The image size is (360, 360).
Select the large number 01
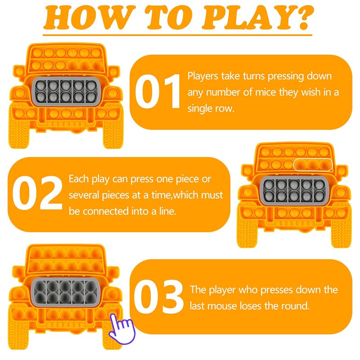[x=157, y=91]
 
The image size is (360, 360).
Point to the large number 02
[x=37, y=193]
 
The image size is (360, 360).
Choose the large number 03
[x=158, y=297]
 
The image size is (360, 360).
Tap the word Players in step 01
[x=202, y=76]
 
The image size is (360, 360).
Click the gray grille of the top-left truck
[x=66, y=91]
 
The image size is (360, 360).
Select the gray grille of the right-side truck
[x=294, y=190]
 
